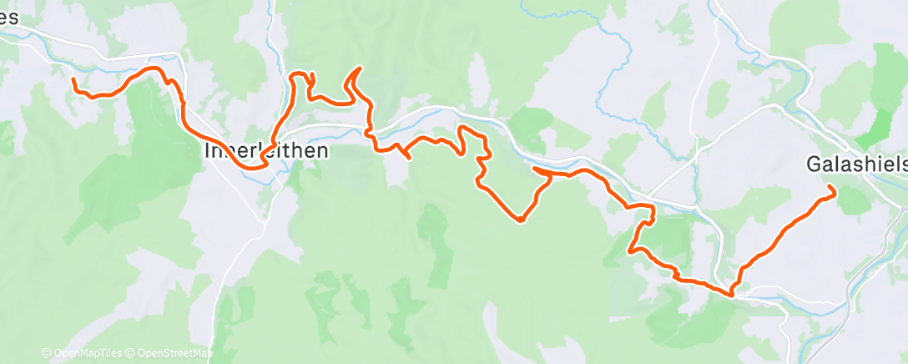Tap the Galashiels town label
pyautogui.click(x=856, y=164)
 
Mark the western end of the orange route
pyautogui.click(x=73, y=79)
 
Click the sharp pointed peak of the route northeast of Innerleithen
pyautogui.click(x=359, y=68)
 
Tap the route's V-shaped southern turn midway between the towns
pyautogui.click(x=520, y=220)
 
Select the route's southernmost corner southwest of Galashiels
pyautogui.click(x=732, y=294)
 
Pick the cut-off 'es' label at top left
pyautogui.click(x=10, y=19)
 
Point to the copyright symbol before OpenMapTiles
pyautogui.click(x=46, y=354)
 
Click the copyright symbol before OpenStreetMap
pyautogui.click(x=132, y=354)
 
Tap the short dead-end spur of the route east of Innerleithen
pyautogui.click(x=408, y=156)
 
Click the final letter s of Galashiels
pyautogui.click(x=901, y=164)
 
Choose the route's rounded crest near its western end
pyautogui.click(x=153, y=68)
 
